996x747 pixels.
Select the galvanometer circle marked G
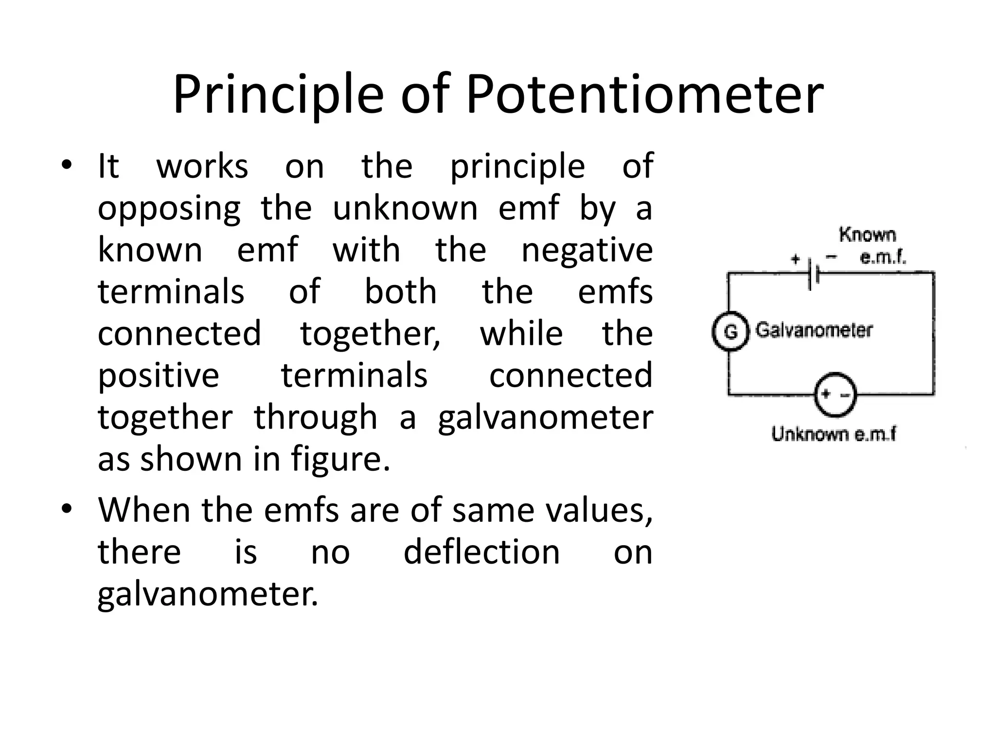[x=729, y=332]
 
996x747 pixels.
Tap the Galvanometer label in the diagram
[x=814, y=330]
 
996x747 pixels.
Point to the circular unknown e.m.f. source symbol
[x=835, y=395]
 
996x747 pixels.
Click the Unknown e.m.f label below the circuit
[x=834, y=434]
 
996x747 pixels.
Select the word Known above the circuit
[x=867, y=235]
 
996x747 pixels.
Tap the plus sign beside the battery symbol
[x=795, y=259]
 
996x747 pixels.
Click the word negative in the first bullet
[x=587, y=250]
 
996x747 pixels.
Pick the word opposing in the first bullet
[x=169, y=208]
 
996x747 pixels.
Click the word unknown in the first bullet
[x=405, y=208]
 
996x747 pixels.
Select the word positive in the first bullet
[x=159, y=375]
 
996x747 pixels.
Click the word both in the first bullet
[x=401, y=292]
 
